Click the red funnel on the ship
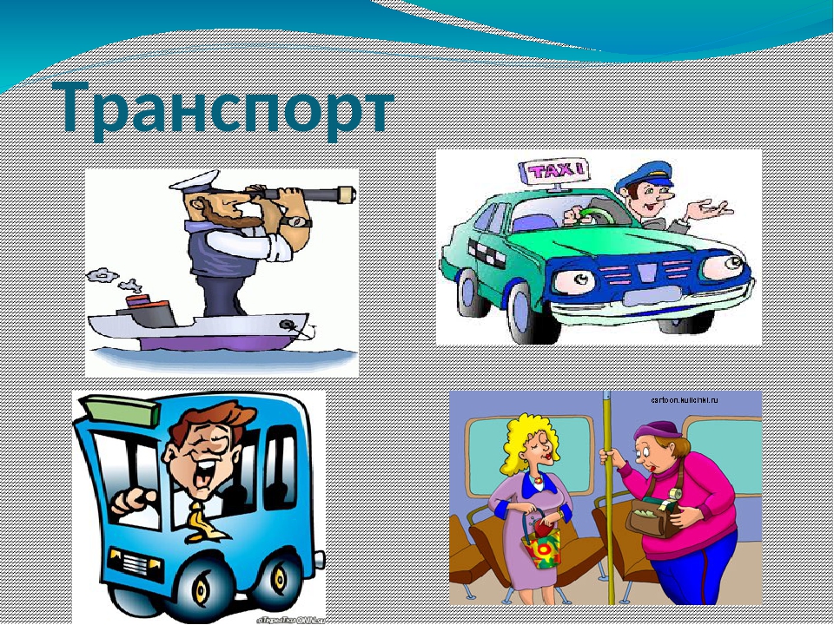(139, 306)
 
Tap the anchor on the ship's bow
(291, 326)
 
